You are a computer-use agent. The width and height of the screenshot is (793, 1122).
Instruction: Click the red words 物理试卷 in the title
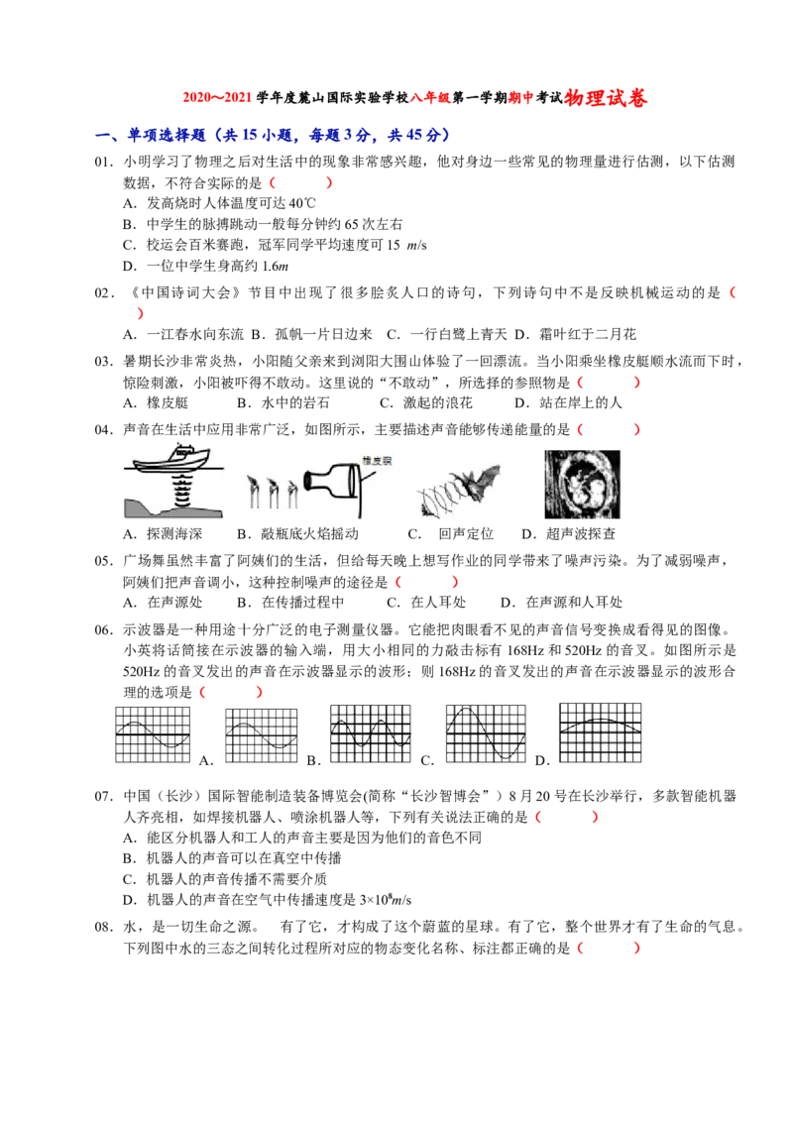pyautogui.click(x=606, y=98)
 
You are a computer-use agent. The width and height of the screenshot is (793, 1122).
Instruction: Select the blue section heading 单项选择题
pyautogui.click(x=167, y=135)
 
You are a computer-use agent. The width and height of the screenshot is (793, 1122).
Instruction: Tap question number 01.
pyautogui.click(x=104, y=162)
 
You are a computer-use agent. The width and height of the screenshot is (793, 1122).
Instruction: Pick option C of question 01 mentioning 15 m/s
pyautogui.click(x=275, y=245)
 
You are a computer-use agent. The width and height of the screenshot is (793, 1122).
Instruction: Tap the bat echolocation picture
pyautogui.click(x=459, y=489)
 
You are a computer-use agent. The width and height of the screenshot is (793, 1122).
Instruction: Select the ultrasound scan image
pyautogui.click(x=582, y=484)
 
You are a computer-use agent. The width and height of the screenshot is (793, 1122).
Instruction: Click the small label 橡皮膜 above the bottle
pyautogui.click(x=378, y=461)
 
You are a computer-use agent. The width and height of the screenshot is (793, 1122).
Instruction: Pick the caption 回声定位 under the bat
pyautogui.click(x=466, y=534)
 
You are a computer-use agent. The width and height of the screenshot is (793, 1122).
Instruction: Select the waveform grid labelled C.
pyautogui.click(x=486, y=733)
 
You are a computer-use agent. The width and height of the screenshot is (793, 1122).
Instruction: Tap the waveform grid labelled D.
pyautogui.click(x=600, y=732)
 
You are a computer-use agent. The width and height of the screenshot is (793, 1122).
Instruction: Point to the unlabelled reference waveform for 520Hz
pyautogui.click(x=154, y=734)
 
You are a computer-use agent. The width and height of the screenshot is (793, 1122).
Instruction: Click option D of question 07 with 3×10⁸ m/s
pyautogui.click(x=267, y=900)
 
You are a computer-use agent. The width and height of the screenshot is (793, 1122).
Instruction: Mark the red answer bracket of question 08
pyautogui.click(x=609, y=949)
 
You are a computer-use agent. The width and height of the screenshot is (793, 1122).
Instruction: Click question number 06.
pyautogui.click(x=104, y=630)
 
